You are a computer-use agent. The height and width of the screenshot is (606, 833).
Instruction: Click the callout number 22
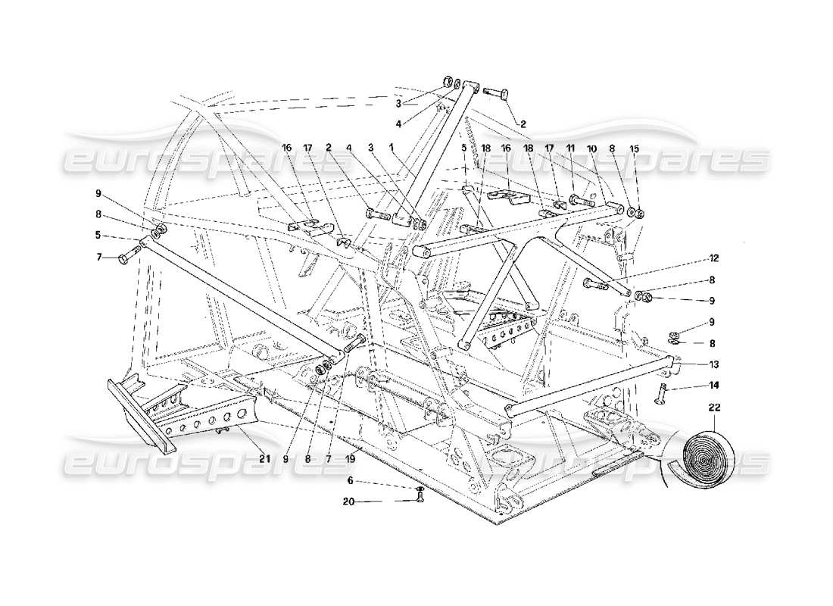coord(714,408)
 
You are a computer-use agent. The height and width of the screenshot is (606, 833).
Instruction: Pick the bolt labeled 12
coord(596,285)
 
